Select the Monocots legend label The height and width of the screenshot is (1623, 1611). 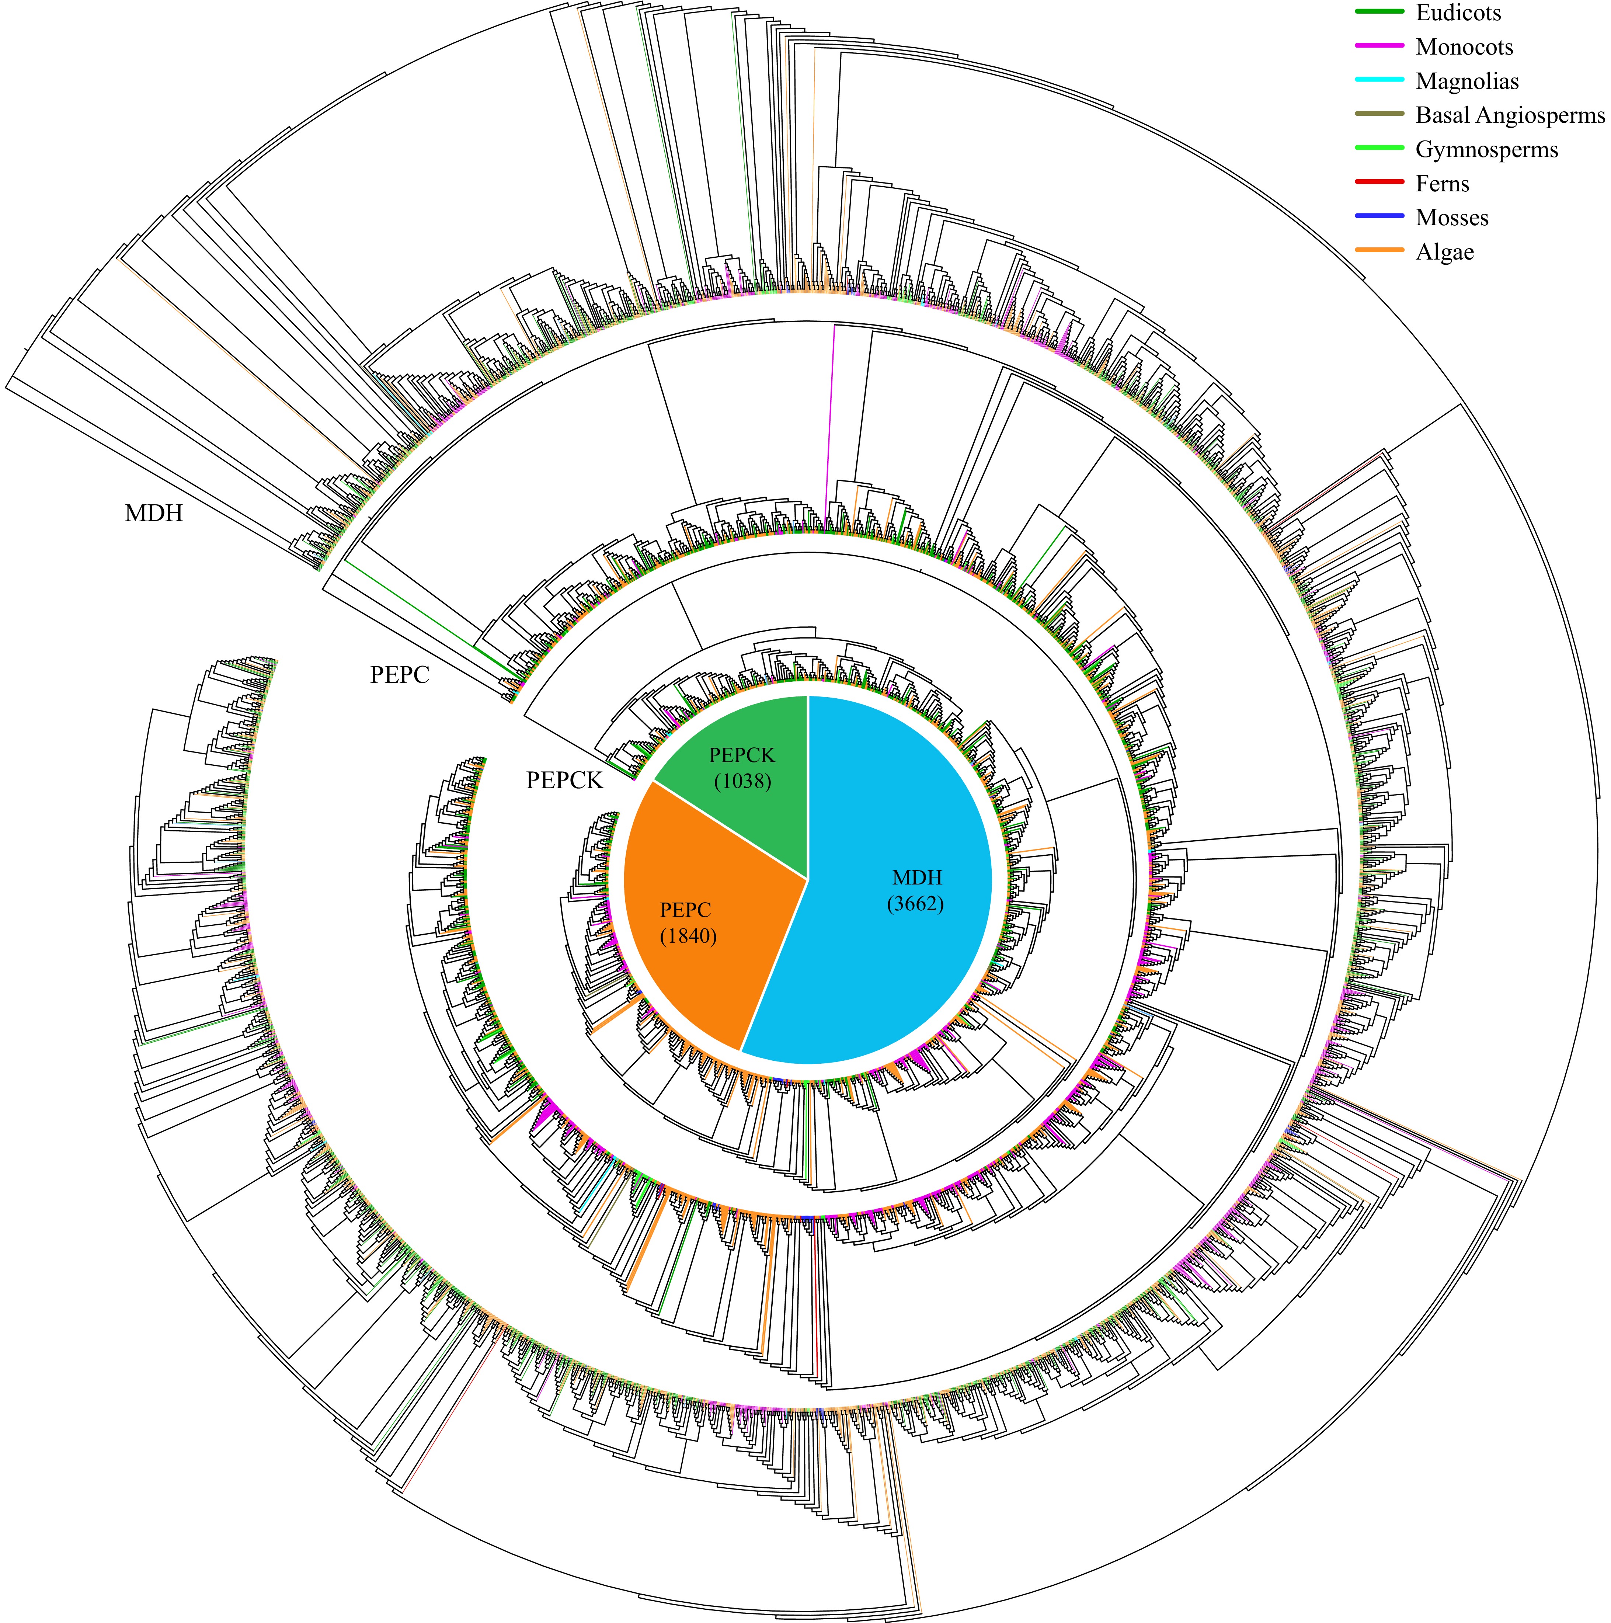click(1464, 47)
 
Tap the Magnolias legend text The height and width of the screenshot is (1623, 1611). click(1466, 81)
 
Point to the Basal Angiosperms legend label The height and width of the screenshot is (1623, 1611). click(1509, 115)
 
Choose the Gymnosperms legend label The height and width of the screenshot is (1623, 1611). click(1486, 150)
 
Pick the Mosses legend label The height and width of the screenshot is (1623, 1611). click(1451, 218)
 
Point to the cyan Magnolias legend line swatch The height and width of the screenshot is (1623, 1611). click(1380, 80)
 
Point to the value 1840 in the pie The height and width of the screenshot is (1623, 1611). click(688, 936)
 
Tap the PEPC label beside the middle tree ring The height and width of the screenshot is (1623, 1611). click(400, 675)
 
